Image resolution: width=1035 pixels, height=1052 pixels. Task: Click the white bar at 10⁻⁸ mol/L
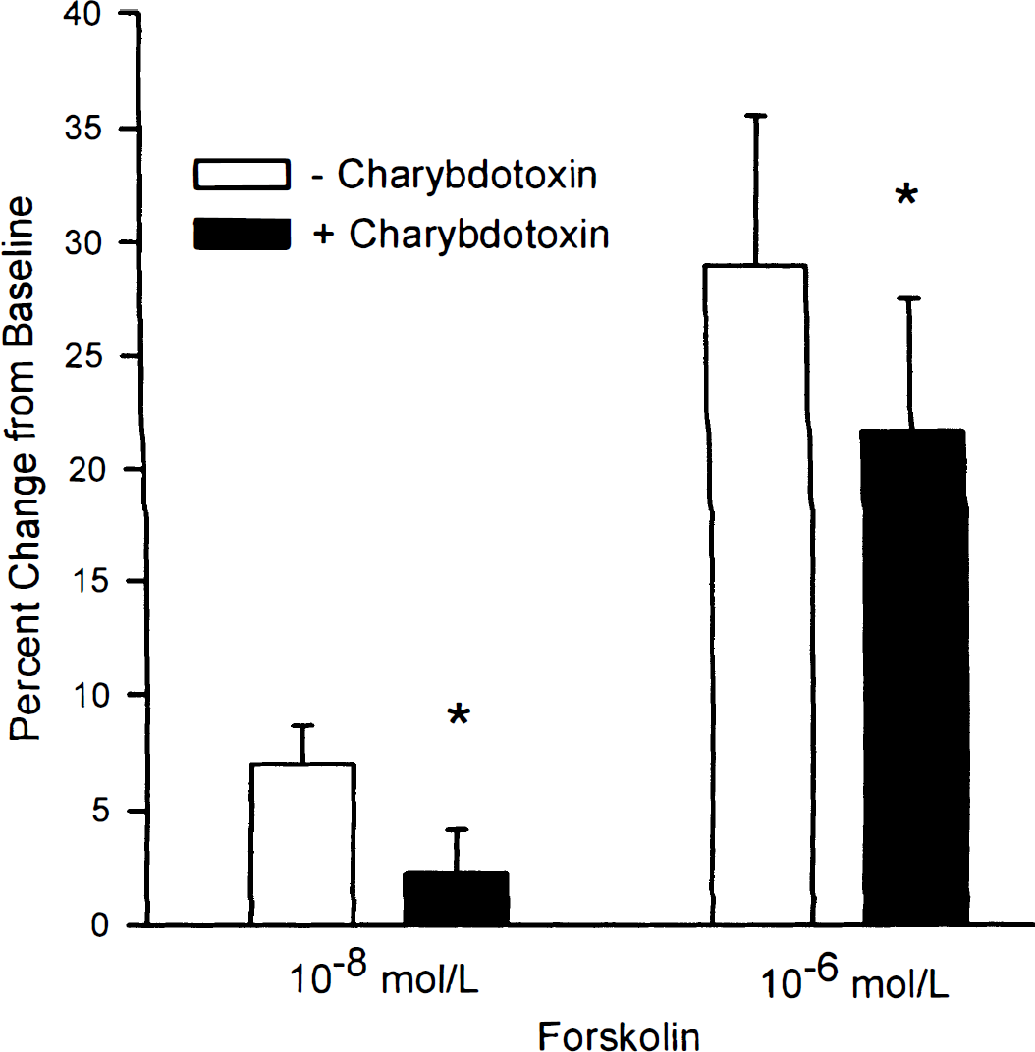[302, 844]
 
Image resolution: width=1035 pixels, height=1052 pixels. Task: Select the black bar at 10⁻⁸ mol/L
[456, 898]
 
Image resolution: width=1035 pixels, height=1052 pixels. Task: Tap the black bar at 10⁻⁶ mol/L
[913, 678]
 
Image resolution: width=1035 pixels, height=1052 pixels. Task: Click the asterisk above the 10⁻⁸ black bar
[459, 715]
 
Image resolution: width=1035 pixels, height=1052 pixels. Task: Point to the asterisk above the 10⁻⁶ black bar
[906, 195]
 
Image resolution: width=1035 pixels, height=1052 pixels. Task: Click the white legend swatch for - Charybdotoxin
[243, 175]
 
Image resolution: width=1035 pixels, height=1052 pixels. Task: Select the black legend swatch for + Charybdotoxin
[243, 235]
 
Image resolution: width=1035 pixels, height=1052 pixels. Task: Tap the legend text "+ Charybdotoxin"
[462, 235]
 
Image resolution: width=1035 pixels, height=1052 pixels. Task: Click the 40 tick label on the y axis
[82, 14]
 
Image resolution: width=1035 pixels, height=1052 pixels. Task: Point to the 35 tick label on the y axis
[82, 128]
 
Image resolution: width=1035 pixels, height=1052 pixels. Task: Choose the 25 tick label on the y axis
[82, 355]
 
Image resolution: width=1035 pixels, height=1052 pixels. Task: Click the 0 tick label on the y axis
[99, 925]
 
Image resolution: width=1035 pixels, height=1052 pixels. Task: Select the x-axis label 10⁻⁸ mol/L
[384, 976]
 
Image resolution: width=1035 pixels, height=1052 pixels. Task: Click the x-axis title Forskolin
[619, 1036]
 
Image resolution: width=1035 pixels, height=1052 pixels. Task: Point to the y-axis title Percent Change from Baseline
[23, 469]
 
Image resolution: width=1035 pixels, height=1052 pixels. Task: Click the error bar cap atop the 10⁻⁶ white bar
[756, 116]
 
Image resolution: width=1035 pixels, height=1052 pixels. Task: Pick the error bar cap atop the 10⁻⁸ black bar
[457, 830]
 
